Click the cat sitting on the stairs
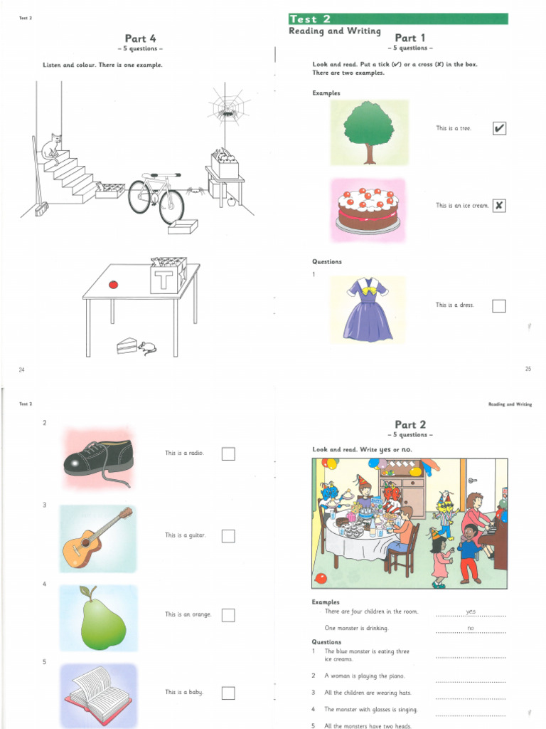(x=51, y=148)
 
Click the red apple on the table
(x=113, y=285)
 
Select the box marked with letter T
(x=167, y=277)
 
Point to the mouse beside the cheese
(x=148, y=348)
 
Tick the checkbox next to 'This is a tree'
(x=499, y=129)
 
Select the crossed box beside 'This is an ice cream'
(x=499, y=206)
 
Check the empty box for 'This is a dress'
(x=499, y=306)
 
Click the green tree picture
(x=369, y=132)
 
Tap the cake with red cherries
(x=368, y=209)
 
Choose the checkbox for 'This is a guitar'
(x=228, y=536)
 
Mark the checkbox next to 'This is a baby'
(x=228, y=693)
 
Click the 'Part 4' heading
(x=136, y=39)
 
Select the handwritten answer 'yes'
(x=471, y=612)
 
